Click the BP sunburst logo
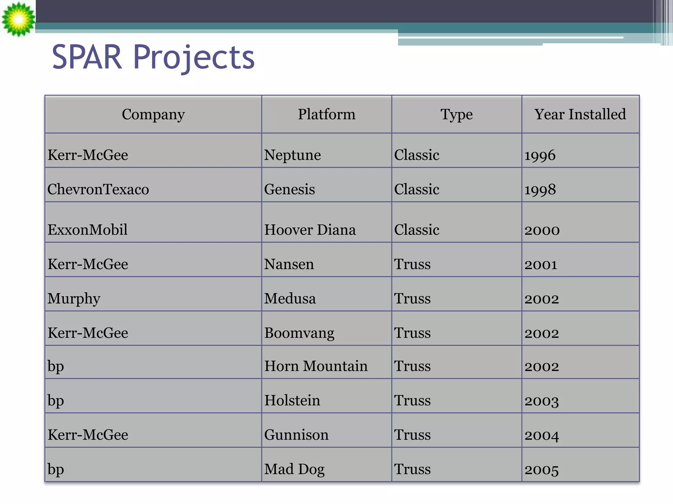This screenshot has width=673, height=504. (x=18, y=19)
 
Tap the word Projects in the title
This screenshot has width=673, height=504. (x=194, y=58)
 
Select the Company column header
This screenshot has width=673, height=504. (x=153, y=115)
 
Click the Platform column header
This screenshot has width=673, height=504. (x=326, y=115)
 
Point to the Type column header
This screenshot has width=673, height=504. (x=456, y=115)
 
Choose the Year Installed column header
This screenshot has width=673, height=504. (x=580, y=115)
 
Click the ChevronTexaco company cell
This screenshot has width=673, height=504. (x=98, y=189)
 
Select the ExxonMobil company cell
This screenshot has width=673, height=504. (x=87, y=230)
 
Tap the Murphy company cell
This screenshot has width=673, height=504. (x=74, y=299)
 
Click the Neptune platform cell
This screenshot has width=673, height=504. (x=292, y=155)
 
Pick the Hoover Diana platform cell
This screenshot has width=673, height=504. (x=310, y=230)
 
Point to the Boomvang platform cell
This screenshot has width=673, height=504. (x=299, y=333)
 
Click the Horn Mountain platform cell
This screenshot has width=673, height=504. (x=316, y=366)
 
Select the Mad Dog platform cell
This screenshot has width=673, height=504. (x=294, y=469)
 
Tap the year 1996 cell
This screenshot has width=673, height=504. (x=540, y=155)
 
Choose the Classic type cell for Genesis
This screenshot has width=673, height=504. (x=417, y=189)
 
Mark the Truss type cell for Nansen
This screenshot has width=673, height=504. (x=412, y=264)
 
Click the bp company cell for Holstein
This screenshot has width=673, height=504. (x=56, y=401)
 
